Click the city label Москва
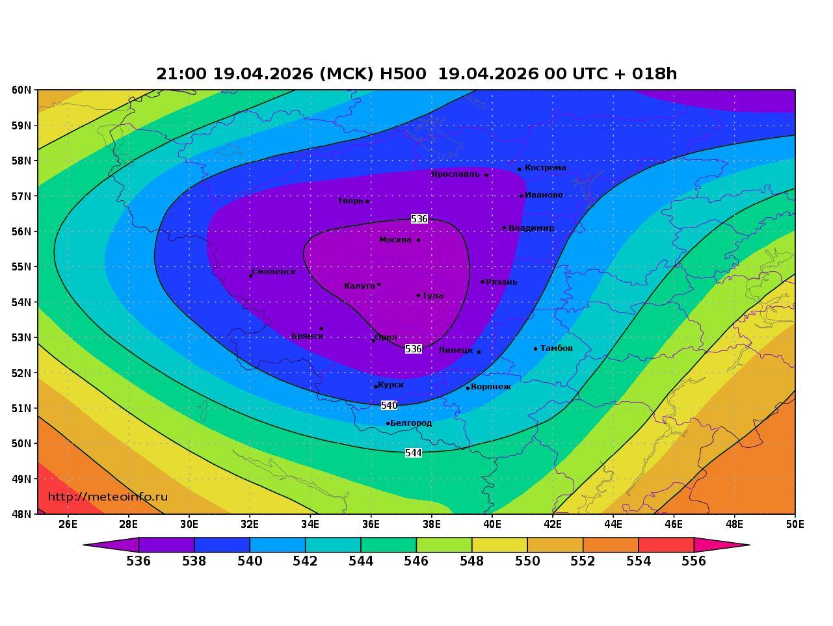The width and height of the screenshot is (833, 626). [x=395, y=240]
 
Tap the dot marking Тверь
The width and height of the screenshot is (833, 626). [x=367, y=202]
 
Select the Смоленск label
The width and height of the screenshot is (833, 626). [x=274, y=272]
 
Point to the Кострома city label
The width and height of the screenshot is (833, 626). [x=545, y=168]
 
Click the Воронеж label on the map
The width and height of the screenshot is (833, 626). [x=491, y=387]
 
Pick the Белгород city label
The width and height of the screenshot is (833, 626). [x=411, y=423]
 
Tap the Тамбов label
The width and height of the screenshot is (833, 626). [x=557, y=348]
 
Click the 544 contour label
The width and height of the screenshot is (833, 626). [x=414, y=453]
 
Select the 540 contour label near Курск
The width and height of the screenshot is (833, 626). [x=389, y=406]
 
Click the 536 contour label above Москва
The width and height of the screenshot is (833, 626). [x=419, y=219]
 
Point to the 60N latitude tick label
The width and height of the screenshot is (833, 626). [x=21, y=90]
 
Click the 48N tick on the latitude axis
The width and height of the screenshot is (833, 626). [x=21, y=514]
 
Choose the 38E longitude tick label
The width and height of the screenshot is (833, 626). [x=431, y=524]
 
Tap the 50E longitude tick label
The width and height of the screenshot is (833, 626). [x=795, y=524]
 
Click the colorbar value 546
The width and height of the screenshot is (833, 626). [x=416, y=561]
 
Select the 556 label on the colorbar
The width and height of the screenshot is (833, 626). [x=694, y=561]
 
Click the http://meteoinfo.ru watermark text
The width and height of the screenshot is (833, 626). [x=108, y=497]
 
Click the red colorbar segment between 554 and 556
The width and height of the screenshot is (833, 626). [x=666, y=545]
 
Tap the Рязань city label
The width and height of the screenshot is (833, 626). [x=502, y=282]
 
